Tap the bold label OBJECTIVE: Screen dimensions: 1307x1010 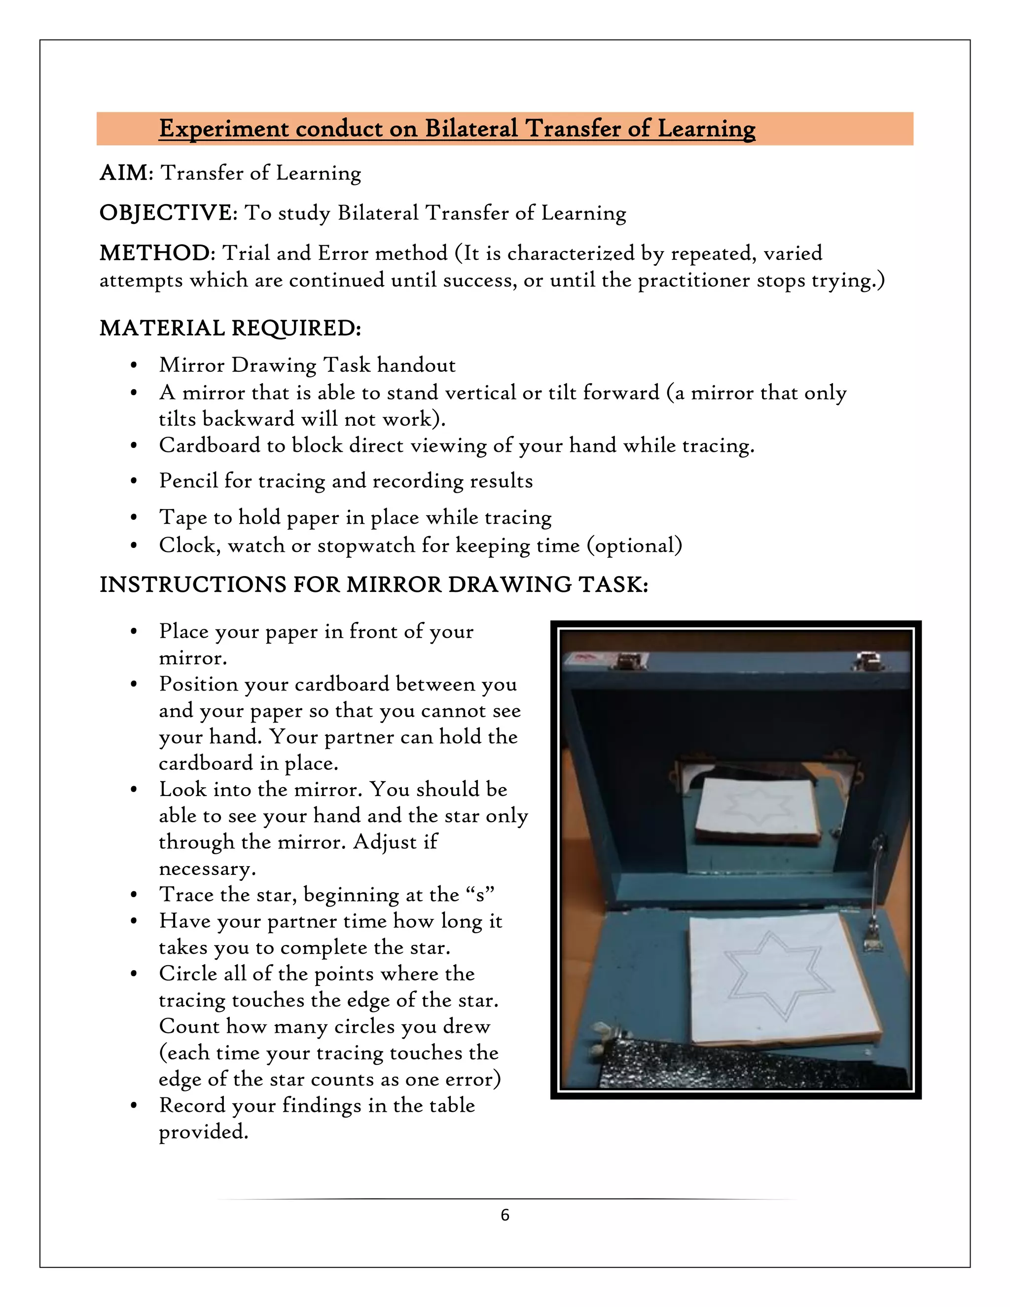coord(168,213)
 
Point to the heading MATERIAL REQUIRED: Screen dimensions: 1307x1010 coord(230,328)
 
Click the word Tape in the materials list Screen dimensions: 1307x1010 coord(182,516)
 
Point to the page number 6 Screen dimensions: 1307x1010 coord(505,1215)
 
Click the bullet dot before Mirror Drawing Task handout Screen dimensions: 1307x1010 coord(134,365)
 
